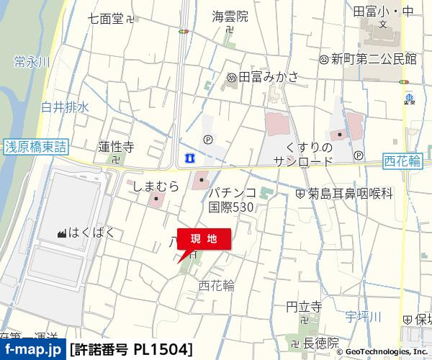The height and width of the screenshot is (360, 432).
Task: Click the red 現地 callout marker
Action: pyautogui.click(x=204, y=239)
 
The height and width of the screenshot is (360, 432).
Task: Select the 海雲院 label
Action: pyautogui.click(x=230, y=16)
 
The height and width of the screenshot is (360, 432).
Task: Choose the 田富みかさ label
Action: pyautogui.click(x=268, y=77)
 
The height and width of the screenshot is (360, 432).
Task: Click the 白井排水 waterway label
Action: pyautogui.click(x=65, y=107)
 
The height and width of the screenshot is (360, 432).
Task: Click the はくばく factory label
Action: pyautogui.click(x=91, y=233)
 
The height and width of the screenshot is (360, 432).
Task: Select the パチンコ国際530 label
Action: pyautogui.click(x=233, y=199)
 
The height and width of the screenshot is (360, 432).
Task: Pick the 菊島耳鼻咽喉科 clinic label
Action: pyautogui.click(x=351, y=193)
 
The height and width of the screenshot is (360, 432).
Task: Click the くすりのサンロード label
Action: pyautogui.click(x=302, y=155)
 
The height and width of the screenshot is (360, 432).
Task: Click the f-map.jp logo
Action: pyautogui.click(x=32, y=349)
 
